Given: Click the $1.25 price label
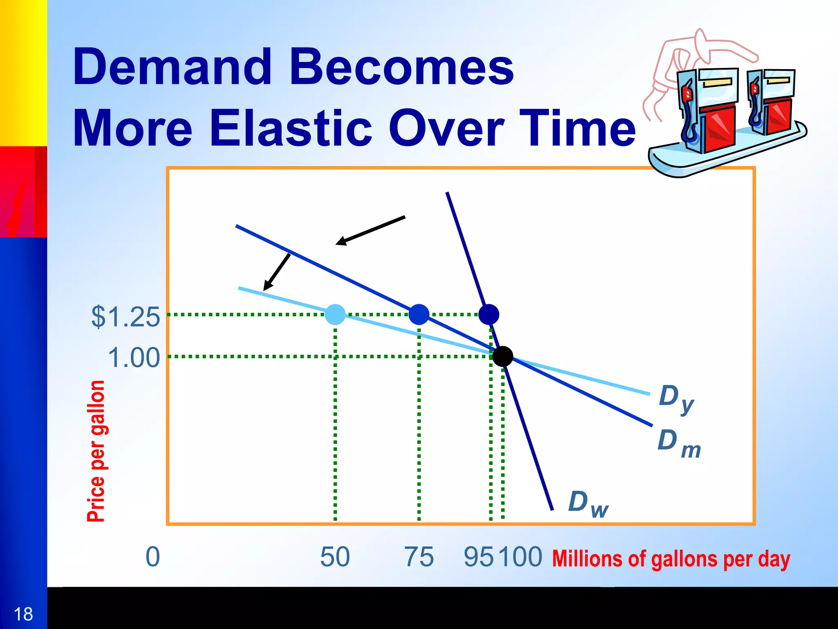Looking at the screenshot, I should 125,317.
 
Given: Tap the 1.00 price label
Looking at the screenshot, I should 133,357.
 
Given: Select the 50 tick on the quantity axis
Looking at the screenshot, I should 335,557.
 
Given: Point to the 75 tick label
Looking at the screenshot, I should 419,557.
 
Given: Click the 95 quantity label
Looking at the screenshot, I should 478,557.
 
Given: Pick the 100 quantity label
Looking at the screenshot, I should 520,557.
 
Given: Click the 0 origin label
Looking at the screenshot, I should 153,557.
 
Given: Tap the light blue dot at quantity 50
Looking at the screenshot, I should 335,314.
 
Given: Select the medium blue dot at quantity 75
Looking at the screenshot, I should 419,314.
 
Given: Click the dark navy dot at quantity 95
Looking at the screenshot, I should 489,314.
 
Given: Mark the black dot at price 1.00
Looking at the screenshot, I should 502,356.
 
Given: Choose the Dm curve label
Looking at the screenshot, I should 678,443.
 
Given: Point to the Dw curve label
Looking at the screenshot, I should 588,504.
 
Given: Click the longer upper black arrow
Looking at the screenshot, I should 370,231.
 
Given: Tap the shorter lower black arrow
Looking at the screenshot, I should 277,272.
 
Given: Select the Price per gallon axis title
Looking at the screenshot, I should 96,450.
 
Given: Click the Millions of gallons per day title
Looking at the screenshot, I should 671,559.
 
